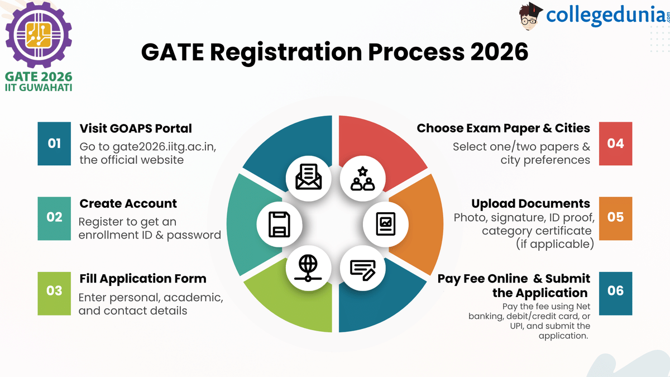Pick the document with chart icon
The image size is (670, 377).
coord(386,224)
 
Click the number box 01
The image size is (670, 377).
coord(54,144)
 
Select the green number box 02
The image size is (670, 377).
coord(54,217)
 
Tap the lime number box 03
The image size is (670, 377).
coord(54,291)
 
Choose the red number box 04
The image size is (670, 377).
coord(615,144)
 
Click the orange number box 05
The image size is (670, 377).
coord(615,217)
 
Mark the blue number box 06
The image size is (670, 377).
coord(615,291)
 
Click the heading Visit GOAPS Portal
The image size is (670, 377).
coord(136,128)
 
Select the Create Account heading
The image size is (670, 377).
coord(128,203)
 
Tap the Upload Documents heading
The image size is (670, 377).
coord(530,203)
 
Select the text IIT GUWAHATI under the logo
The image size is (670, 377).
coord(38,88)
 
